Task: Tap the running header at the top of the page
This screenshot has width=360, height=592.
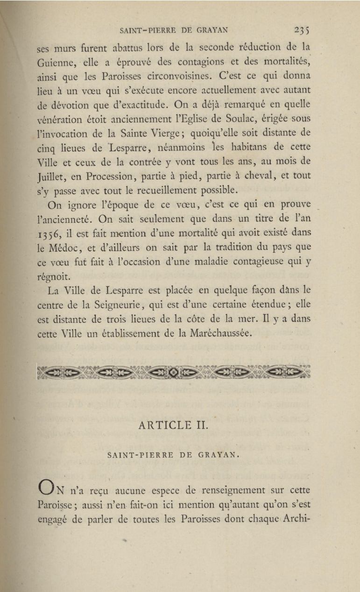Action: pos(174,31)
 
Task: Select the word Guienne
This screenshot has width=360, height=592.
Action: pos(54,62)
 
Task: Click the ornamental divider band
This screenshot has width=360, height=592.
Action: pos(173,372)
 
